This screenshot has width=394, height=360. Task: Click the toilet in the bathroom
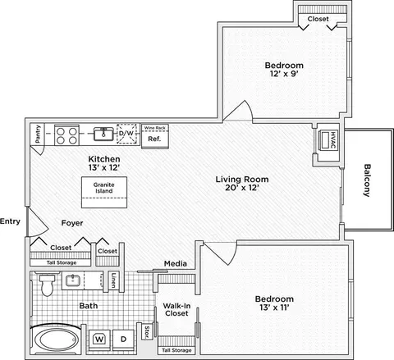click(x=47, y=285)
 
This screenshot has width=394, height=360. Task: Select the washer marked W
click(x=99, y=339)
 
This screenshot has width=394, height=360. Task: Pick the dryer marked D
click(x=123, y=339)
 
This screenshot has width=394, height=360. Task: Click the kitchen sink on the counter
click(x=103, y=134)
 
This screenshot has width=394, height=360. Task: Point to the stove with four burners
click(x=66, y=135)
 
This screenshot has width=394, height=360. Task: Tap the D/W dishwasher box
click(x=126, y=134)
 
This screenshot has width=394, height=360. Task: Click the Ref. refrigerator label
click(x=154, y=139)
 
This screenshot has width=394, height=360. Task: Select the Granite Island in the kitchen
click(x=104, y=192)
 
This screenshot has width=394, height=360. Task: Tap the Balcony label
click(x=367, y=180)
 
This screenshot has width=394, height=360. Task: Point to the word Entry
click(x=10, y=221)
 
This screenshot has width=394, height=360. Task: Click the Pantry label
click(x=38, y=134)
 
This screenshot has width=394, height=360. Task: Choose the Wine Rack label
click(x=155, y=128)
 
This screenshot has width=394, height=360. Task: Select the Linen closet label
click(x=113, y=280)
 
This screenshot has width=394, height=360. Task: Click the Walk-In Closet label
click(x=176, y=310)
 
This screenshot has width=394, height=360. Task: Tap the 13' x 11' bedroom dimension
click(x=274, y=308)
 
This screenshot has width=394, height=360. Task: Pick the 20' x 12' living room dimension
click(x=242, y=188)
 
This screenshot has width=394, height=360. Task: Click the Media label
click(x=176, y=263)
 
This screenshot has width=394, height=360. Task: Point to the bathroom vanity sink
click(x=72, y=280)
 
